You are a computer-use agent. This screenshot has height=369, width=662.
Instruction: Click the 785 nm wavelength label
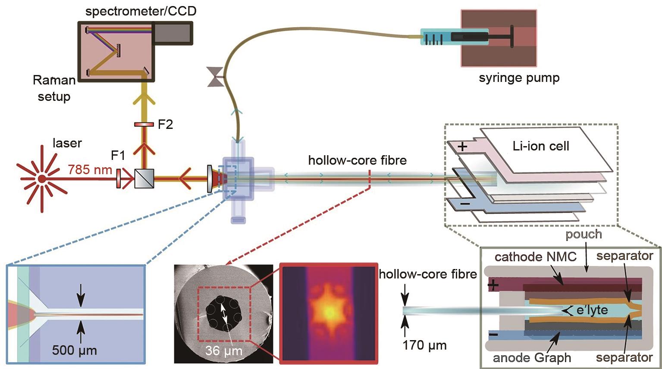[90, 169]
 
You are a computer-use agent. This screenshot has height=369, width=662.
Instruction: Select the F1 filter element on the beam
[118, 178]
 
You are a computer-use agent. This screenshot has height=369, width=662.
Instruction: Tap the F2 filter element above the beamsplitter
[144, 125]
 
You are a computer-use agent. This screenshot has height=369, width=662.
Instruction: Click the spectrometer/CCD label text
[141, 11]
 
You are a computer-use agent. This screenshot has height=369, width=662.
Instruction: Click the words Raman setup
[54, 88]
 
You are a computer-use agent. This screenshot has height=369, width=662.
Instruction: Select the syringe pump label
[519, 78]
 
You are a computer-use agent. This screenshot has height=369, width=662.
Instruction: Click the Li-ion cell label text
[541, 146]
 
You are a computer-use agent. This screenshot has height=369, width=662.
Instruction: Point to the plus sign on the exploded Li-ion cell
[462, 147]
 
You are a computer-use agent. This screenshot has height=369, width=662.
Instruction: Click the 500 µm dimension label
[74, 350]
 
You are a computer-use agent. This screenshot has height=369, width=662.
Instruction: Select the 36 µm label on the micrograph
[223, 350]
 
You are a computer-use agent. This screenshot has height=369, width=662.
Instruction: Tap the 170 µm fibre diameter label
[424, 345]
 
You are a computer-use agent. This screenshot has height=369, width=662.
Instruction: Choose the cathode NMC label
[535, 257]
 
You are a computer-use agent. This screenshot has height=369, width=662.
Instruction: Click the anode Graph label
[532, 358]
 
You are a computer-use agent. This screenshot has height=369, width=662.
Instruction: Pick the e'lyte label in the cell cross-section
[592, 310]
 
